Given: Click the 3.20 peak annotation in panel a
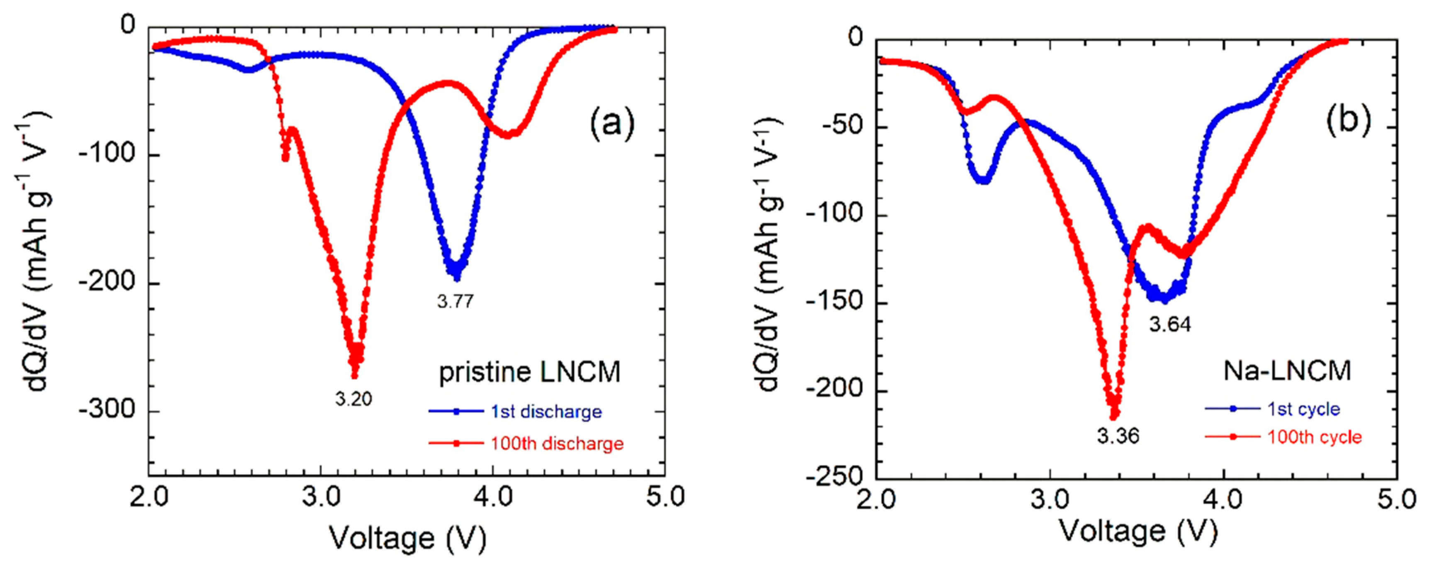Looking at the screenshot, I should pos(353,399).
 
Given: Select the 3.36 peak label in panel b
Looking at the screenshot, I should pos(1118,436).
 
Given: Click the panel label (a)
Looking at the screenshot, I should pos(611,123).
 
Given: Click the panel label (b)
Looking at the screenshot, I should pos(1349,121).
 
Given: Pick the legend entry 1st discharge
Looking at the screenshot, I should pos(546,412).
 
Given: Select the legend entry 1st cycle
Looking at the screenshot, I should pos(1303,409).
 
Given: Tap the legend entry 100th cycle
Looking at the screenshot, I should pos(1314,437).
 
